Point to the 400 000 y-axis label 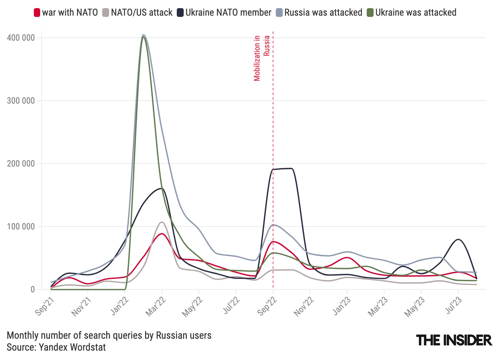pos(21,38)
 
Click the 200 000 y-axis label pos(21,164)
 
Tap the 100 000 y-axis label pos(21,227)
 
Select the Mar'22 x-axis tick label pos(155,306)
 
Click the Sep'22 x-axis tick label pos(267,306)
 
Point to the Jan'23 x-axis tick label pos(341,306)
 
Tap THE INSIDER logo pos(454,340)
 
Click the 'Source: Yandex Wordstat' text pos(56,347)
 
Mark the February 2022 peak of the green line pos(143,37)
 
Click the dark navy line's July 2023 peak pos(459,239)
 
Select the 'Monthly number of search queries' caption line pos(109,336)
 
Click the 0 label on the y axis pos(33,290)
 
